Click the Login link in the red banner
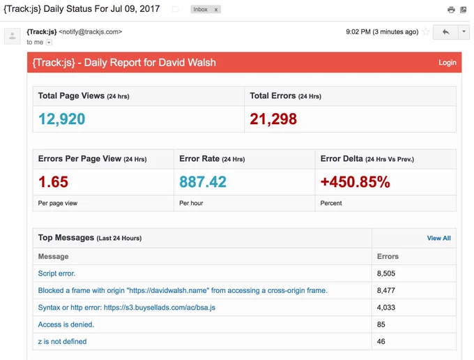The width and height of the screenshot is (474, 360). tap(448, 63)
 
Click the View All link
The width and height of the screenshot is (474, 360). tap(438, 238)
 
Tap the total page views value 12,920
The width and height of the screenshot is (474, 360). tap(62, 119)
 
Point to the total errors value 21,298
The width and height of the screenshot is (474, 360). tap(273, 119)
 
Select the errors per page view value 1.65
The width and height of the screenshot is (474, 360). tap(53, 182)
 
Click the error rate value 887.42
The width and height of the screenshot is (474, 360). tap(203, 182)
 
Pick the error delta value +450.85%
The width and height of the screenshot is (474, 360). tap(355, 182)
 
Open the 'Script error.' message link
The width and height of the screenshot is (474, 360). tap(56, 273)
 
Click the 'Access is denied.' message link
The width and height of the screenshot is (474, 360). tap(66, 324)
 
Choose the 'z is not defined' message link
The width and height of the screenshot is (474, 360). tap(62, 342)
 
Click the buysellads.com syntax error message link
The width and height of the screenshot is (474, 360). tap(127, 308)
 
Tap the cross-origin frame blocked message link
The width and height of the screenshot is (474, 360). tap(183, 290)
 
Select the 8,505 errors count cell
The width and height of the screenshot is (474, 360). tap(386, 273)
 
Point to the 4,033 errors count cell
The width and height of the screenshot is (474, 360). tap(386, 308)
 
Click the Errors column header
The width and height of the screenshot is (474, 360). tap(388, 257)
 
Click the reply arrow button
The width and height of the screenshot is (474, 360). tap(445, 32)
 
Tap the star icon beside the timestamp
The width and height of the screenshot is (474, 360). tap(426, 32)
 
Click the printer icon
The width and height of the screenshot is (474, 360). tap(451, 10)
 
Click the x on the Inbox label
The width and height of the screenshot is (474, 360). tap(216, 10)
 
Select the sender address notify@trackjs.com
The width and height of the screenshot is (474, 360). tap(91, 32)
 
